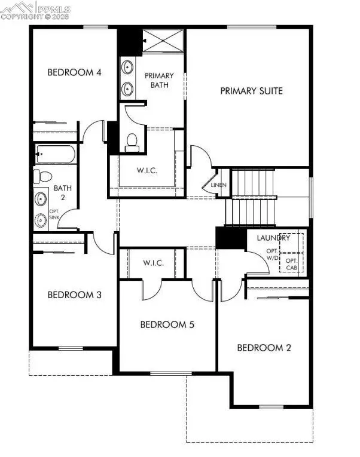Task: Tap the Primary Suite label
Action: pos(251,91)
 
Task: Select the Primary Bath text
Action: pos(159,80)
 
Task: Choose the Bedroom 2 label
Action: pos(264,348)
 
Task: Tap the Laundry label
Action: pos(273,238)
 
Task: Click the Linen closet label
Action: pos(219,185)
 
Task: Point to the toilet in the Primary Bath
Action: pos(133,141)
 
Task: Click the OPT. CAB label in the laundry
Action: pos(291,264)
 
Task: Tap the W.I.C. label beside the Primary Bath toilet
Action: pos(147,170)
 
